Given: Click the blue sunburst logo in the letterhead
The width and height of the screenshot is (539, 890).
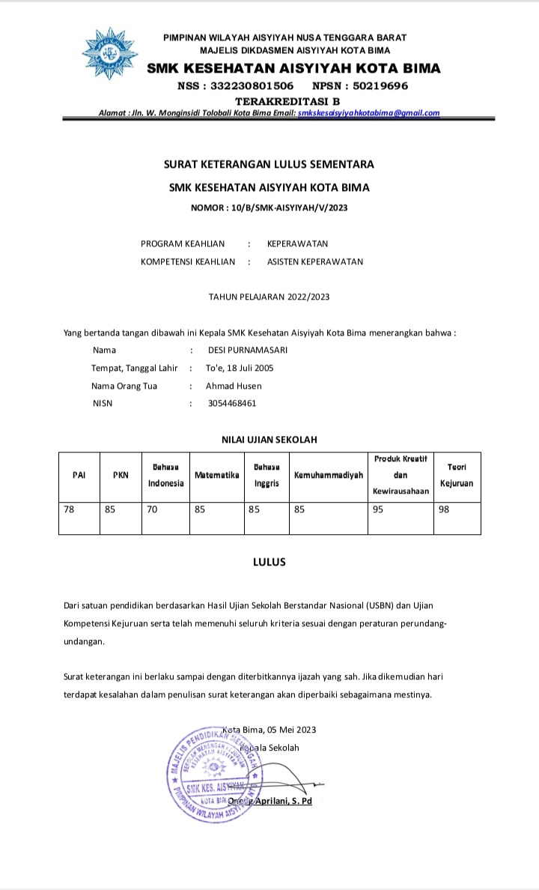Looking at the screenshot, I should pyautogui.click(x=110, y=54).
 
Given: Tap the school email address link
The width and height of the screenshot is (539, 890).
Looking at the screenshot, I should pyautogui.click(x=368, y=113).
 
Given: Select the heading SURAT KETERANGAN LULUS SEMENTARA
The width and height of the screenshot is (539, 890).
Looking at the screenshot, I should pyautogui.click(x=269, y=164).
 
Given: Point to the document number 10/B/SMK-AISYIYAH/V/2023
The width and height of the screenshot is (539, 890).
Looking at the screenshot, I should pyautogui.click(x=269, y=208).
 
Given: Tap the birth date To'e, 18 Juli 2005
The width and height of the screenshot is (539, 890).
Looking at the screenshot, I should pyautogui.click(x=240, y=368).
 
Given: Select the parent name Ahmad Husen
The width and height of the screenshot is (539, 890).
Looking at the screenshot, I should pyautogui.click(x=234, y=386).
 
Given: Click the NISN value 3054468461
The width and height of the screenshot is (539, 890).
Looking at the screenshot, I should pyautogui.click(x=232, y=403).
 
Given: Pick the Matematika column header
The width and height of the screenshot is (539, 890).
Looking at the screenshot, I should pyautogui.click(x=216, y=475).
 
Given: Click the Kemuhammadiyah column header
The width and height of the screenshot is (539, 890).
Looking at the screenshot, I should pyautogui.click(x=329, y=475).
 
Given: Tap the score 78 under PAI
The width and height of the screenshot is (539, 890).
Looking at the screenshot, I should pyautogui.click(x=70, y=509).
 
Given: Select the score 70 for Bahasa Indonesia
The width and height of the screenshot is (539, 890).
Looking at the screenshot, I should pyautogui.click(x=153, y=509).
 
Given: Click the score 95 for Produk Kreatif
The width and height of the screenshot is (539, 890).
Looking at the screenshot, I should pyautogui.click(x=378, y=509).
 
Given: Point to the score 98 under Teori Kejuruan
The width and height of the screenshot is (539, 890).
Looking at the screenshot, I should pyautogui.click(x=445, y=509).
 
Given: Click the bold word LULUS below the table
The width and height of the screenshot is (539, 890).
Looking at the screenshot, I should pyautogui.click(x=269, y=562).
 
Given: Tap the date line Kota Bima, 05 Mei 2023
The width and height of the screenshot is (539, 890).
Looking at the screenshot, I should pyautogui.click(x=269, y=730).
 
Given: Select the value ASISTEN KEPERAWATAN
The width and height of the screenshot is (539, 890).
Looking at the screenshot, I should pyautogui.click(x=315, y=261).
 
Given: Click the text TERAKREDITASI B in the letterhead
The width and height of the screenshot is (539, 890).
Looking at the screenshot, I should pyautogui.click(x=287, y=100).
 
